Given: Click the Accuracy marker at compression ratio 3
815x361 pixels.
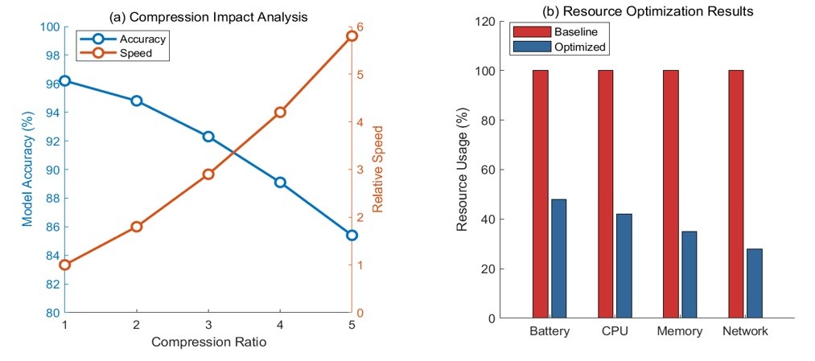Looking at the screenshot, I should pos(208,137).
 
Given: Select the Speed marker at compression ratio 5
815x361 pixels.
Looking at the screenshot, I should pos(352,36).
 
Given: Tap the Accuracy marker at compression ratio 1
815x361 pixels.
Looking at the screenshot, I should pos(65,80).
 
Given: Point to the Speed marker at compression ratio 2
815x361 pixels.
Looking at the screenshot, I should pos(137,227).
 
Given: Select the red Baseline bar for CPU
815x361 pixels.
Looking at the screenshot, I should pos(606,194).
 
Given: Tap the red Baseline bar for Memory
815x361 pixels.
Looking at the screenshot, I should pos(671,194).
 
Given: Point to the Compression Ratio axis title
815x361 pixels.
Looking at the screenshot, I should pos(208,342).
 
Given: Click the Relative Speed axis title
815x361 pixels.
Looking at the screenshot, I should pos(378,169).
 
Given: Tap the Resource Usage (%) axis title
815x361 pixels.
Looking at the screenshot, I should pos(463,170).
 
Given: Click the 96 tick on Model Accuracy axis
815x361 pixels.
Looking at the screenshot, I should pos(51,84).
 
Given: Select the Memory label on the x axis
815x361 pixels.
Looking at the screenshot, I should pos(680,331).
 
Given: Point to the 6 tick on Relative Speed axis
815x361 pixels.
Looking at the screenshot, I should pos(362,27).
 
